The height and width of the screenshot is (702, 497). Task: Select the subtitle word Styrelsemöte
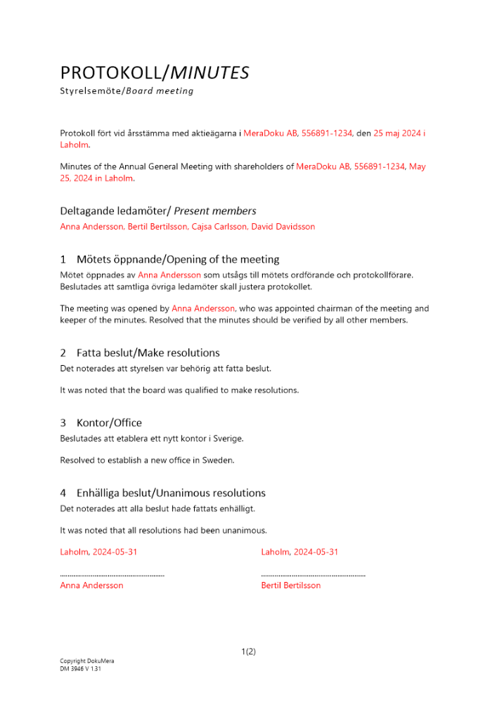tap(91, 91)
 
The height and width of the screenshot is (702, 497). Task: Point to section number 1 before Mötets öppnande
tap(63, 259)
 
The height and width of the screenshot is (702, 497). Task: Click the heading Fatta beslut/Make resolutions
tap(148, 352)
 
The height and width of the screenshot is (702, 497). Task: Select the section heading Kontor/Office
tap(109, 423)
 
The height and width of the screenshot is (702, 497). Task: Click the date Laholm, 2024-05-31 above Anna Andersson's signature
tap(98, 552)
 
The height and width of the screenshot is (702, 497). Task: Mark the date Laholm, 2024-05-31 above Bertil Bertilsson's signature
tap(299, 552)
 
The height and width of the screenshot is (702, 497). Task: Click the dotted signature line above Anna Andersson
tap(112, 575)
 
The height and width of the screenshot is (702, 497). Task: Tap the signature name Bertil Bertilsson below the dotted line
tap(290, 585)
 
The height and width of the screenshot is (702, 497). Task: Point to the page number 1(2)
tap(248, 651)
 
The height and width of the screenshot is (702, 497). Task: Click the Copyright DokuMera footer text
tap(86, 661)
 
